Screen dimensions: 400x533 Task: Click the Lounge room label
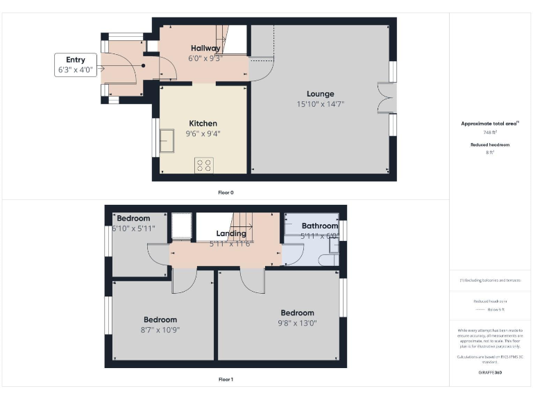point(320,94)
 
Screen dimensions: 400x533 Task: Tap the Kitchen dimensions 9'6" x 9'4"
point(202,133)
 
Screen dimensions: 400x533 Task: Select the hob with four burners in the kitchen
point(204,165)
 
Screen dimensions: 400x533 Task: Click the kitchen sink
point(168,140)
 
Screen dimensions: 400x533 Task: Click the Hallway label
point(205,49)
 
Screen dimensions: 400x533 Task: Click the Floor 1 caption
point(226,379)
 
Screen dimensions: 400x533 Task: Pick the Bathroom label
point(319,226)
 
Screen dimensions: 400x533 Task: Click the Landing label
point(231,233)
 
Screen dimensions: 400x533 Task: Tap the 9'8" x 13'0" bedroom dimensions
point(297,322)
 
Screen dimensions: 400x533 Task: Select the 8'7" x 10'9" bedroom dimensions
point(160,329)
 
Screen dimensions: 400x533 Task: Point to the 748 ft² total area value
point(491,132)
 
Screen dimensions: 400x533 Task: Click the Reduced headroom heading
point(491,144)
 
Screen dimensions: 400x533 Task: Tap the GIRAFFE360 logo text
point(491,373)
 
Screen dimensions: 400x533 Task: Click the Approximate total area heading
point(490,123)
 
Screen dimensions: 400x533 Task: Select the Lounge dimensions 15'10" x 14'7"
point(320,103)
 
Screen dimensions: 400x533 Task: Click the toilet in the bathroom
point(326,260)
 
